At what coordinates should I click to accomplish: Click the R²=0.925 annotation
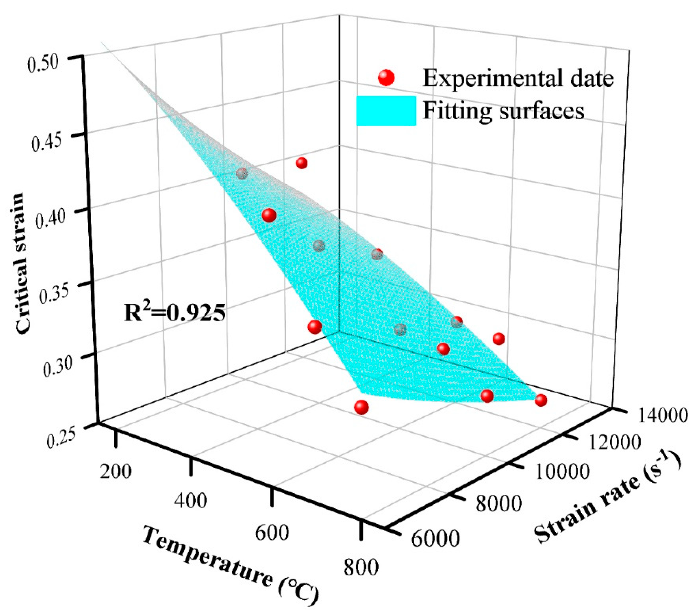pos(174,313)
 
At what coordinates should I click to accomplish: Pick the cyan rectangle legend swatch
pos(386,111)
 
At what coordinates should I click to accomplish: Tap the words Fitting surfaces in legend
pos(503,111)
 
